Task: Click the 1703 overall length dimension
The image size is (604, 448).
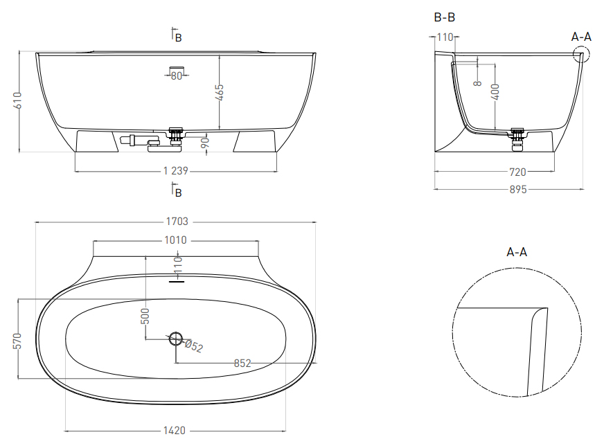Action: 177,222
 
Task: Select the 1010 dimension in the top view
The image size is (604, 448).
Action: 175,240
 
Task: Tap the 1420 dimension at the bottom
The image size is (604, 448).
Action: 174,430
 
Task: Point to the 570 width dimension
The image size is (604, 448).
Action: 17,341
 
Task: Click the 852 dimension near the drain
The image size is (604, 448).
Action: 242,364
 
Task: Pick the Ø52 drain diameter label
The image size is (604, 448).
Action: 194,346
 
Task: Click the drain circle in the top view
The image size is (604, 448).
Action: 176,339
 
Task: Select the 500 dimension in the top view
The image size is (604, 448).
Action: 145,316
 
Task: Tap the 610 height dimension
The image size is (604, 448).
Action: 17,100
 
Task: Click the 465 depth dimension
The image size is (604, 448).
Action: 219,93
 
